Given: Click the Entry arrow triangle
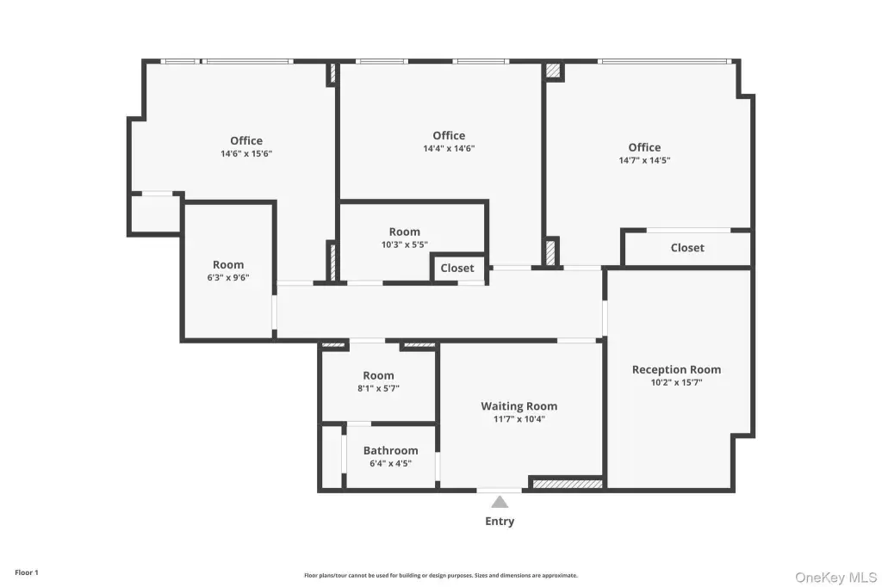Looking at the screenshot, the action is pyautogui.click(x=500, y=502).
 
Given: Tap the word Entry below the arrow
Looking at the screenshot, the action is pyautogui.click(x=500, y=522).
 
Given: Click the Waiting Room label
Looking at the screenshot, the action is pyautogui.click(x=519, y=406).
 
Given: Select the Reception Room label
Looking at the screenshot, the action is pyautogui.click(x=677, y=369).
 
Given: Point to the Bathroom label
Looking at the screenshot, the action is pyautogui.click(x=390, y=450).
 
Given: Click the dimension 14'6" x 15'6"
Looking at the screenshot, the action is pyautogui.click(x=246, y=153).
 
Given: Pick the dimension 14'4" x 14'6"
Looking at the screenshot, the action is pyautogui.click(x=449, y=148).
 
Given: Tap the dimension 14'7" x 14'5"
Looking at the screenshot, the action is pyautogui.click(x=644, y=160).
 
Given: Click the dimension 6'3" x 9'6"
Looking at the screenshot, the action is pyautogui.click(x=227, y=277).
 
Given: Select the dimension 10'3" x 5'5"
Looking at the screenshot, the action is pyautogui.click(x=405, y=244).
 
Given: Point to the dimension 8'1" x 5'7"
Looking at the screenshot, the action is pyautogui.click(x=379, y=388).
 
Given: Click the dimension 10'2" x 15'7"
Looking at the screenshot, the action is pyautogui.click(x=677, y=382).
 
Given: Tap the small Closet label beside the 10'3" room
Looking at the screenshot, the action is pyautogui.click(x=457, y=269).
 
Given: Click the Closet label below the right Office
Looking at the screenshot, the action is pyautogui.click(x=687, y=247).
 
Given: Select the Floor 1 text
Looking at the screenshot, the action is pyautogui.click(x=27, y=572).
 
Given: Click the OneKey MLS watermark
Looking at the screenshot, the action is pyautogui.click(x=835, y=578).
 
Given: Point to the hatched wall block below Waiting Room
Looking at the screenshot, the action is pyautogui.click(x=568, y=484).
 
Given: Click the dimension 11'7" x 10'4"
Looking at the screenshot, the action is pyautogui.click(x=519, y=419).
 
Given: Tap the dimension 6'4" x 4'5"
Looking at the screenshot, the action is pyautogui.click(x=390, y=463).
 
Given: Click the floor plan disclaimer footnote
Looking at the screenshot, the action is pyautogui.click(x=441, y=575).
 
